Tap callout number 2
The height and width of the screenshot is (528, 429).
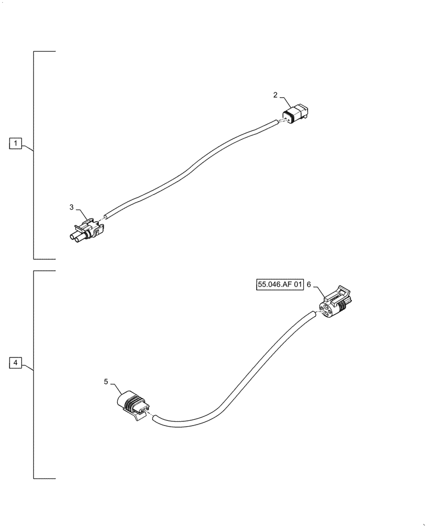(x=275, y=96)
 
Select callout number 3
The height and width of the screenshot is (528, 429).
(x=72, y=208)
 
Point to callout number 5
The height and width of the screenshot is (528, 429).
(x=106, y=381)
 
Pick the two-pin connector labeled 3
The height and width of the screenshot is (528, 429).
(x=88, y=231)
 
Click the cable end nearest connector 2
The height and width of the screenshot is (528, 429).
(x=276, y=122)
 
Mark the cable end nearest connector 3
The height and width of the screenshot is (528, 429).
(x=106, y=215)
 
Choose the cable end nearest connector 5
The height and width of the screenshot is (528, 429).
(x=155, y=418)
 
